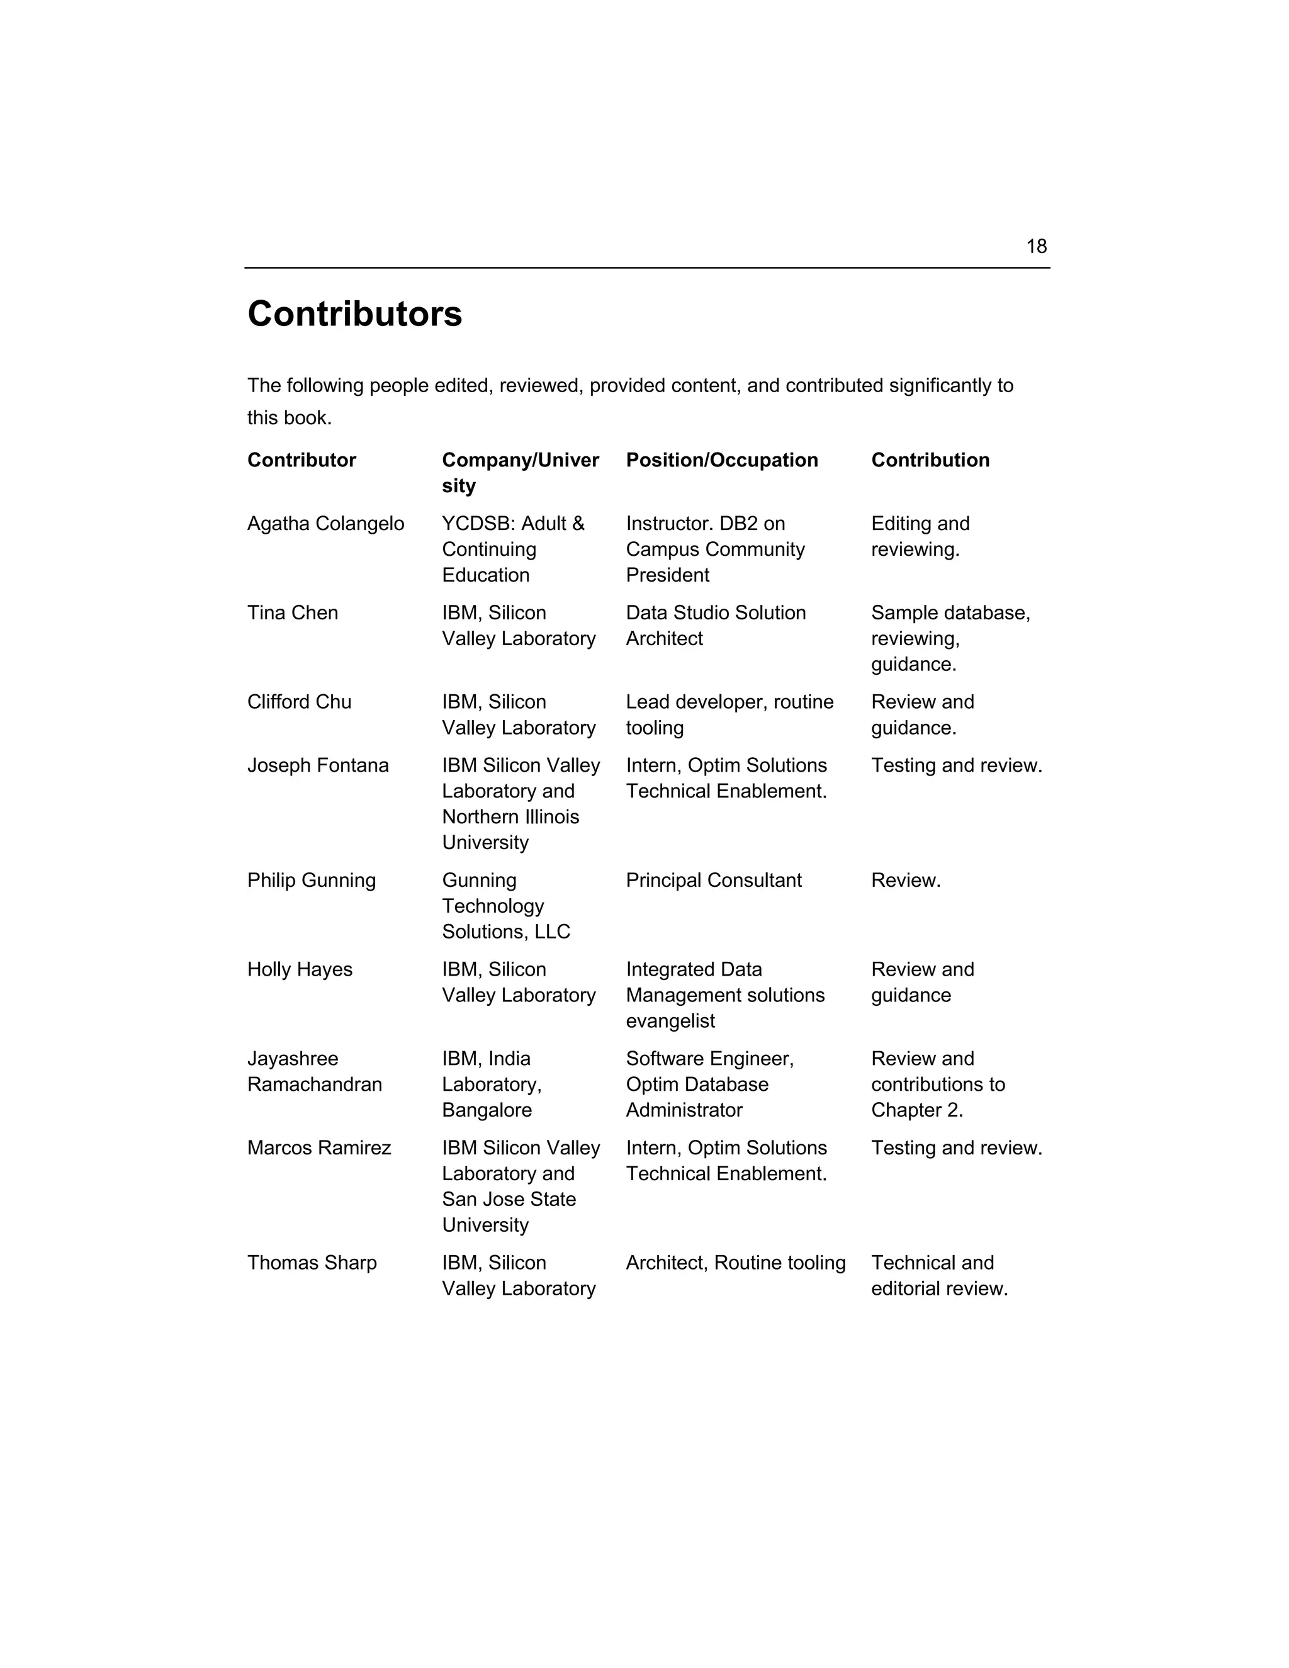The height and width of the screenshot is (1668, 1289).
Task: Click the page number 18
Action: click(1035, 247)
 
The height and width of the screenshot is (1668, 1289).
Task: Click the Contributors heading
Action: click(354, 314)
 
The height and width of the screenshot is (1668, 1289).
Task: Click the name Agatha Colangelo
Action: click(325, 524)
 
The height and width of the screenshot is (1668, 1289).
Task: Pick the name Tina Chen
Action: click(293, 612)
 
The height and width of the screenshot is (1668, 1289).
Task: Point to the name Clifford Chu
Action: click(300, 702)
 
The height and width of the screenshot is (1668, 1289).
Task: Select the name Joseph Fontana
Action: click(318, 765)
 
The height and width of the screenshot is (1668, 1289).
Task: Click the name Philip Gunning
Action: click(312, 881)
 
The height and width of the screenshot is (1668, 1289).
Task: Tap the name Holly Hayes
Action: click(300, 969)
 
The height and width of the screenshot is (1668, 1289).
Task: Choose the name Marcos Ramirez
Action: click(318, 1148)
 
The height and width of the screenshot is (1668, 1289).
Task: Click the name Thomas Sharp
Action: click(312, 1263)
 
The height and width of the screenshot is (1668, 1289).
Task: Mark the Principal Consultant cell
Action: click(713, 881)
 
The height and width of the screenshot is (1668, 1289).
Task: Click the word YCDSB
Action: click(468, 524)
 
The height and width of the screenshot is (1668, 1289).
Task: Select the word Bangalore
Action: click(487, 1110)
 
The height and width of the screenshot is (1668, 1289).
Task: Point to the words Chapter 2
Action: click(916, 1110)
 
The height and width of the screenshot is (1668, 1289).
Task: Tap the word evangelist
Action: click(670, 1021)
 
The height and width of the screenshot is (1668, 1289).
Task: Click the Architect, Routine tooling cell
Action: click(735, 1263)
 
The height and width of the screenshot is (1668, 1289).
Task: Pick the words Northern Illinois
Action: click(510, 817)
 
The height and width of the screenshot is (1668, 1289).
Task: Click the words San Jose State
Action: click(509, 1199)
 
